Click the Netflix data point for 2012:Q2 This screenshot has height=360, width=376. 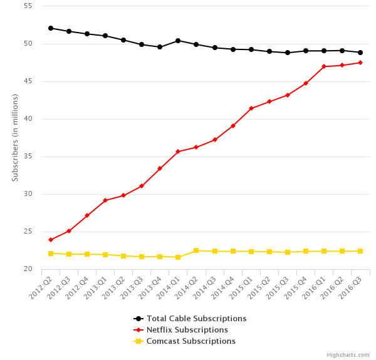tap(51, 240)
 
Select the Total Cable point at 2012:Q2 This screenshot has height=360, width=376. tap(51, 28)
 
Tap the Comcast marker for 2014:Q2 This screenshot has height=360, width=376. tap(196, 250)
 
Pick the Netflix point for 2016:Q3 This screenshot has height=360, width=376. tap(360, 63)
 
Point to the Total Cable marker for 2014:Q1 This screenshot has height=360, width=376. tap(178, 41)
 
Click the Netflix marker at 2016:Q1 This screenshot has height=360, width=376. tap(324, 66)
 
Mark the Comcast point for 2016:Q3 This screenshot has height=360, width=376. tap(360, 251)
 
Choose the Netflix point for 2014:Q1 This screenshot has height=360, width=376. tap(178, 152)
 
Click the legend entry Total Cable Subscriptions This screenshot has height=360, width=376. tap(196, 319)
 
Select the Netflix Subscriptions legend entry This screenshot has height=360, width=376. tap(187, 330)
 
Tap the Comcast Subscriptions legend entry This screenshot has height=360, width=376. tap(191, 341)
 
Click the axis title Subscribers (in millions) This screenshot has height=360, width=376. tap(15, 138)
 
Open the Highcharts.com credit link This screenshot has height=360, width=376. tap(348, 355)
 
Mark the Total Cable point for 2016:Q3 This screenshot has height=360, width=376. tap(360, 53)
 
